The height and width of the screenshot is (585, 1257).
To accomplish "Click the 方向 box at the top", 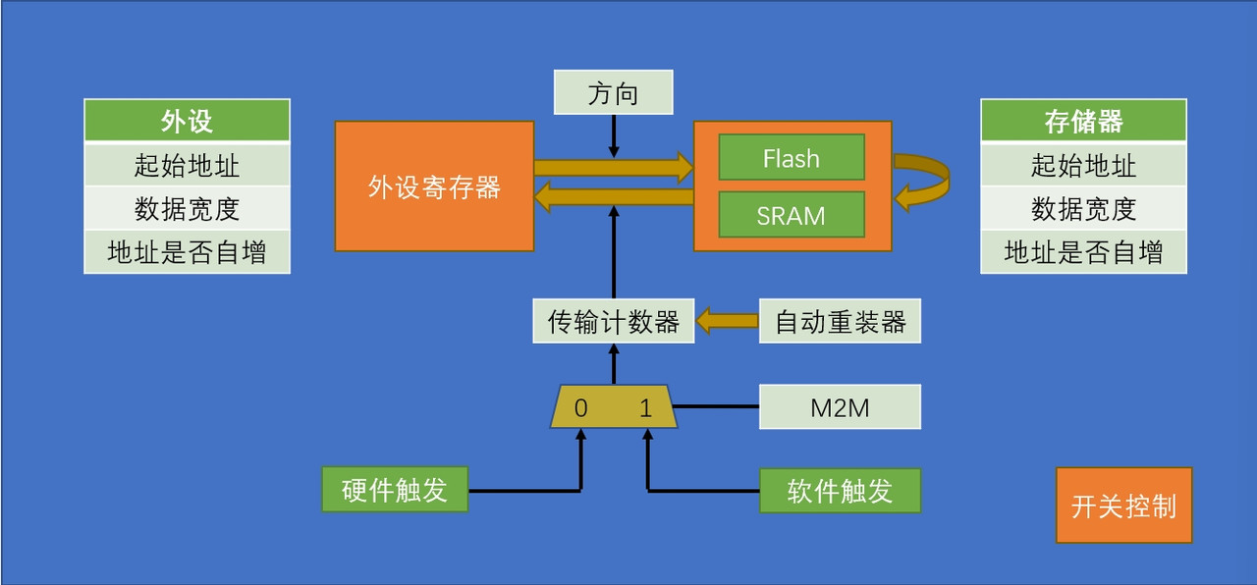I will (x=613, y=92).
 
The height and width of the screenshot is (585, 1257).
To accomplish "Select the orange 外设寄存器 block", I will (x=434, y=186).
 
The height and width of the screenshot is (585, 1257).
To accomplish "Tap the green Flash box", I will (x=791, y=158).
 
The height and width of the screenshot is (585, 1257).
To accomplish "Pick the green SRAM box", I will (x=791, y=215).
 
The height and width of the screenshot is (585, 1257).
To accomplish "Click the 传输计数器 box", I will (x=613, y=321).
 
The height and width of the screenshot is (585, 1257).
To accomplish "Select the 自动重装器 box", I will (x=840, y=321).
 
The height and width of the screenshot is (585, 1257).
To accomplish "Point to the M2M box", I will (x=840, y=407).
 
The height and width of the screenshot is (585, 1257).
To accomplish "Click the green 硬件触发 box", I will (x=395, y=490).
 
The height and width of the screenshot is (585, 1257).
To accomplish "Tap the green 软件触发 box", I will (x=840, y=490).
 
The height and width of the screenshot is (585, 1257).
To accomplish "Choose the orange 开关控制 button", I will (x=1123, y=505).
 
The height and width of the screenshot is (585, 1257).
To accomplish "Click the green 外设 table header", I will (x=187, y=121).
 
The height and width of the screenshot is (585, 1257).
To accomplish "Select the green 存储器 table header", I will (x=1083, y=121).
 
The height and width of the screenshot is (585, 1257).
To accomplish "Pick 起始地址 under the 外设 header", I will (x=187, y=164).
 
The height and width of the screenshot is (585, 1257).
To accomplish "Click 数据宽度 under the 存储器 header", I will (x=1083, y=208).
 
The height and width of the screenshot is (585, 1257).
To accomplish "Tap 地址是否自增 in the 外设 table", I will (x=187, y=252).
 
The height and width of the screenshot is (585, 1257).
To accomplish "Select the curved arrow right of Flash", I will (x=928, y=181).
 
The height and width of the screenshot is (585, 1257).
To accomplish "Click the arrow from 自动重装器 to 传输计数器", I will (x=727, y=321).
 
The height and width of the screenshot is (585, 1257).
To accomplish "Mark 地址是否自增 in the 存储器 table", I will (x=1083, y=252).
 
